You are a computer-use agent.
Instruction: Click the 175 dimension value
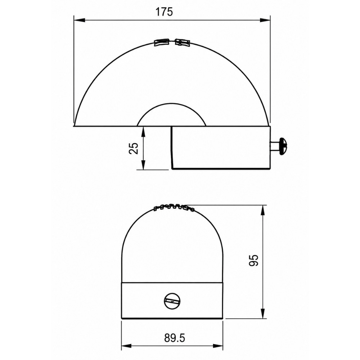tap(164, 12)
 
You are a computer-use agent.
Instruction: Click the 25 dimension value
tap(134, 148)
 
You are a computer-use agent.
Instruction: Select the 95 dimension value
tap(253, 260)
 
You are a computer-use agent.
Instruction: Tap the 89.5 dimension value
tap(175, 338)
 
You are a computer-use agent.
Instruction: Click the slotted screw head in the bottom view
tap(172, 301)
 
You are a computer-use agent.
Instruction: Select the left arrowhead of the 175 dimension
tap(80, 20)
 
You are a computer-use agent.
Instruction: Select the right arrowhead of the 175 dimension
tap(265, 20)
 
